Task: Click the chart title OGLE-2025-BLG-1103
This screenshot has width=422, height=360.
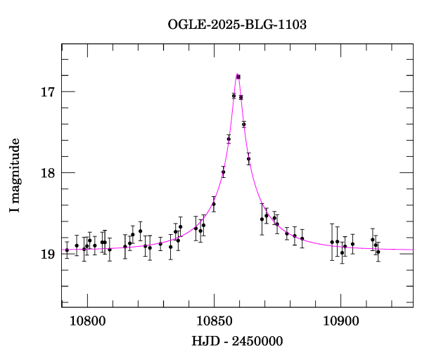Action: pos(237,24)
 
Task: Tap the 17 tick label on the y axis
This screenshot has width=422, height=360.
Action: pos(48,91)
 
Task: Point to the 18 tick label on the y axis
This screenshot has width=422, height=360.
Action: pos(48,172)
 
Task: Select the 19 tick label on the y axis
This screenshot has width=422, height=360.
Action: pos(48,254)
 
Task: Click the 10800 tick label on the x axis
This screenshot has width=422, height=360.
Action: pos(87,320)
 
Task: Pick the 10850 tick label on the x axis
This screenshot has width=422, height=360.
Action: pos(214,320)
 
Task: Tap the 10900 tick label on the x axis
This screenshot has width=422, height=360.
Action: pos(340,320)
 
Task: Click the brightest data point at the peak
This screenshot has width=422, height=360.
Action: pos(238,77)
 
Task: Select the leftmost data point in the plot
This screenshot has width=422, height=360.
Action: pos(67,250)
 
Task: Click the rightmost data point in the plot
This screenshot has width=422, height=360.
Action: pos(378,252)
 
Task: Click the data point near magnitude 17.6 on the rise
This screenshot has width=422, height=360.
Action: pos(229,139)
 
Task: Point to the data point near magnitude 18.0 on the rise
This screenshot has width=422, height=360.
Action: pos(223,172)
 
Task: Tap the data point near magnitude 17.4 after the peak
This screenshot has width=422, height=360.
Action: pos(244,124)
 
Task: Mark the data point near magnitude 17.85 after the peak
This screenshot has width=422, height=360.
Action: pos(249,159)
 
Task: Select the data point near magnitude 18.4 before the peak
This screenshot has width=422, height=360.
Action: pos(214,204)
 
